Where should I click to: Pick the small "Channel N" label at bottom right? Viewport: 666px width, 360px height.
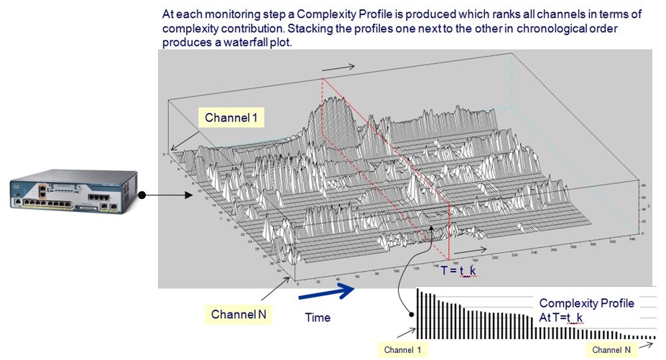click(612, 350)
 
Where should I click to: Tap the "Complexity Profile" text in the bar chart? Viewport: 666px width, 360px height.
click(586, 303)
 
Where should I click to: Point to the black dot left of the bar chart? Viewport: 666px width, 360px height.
click(411, 313)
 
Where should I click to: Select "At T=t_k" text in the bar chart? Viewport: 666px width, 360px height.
click(560, 317)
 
